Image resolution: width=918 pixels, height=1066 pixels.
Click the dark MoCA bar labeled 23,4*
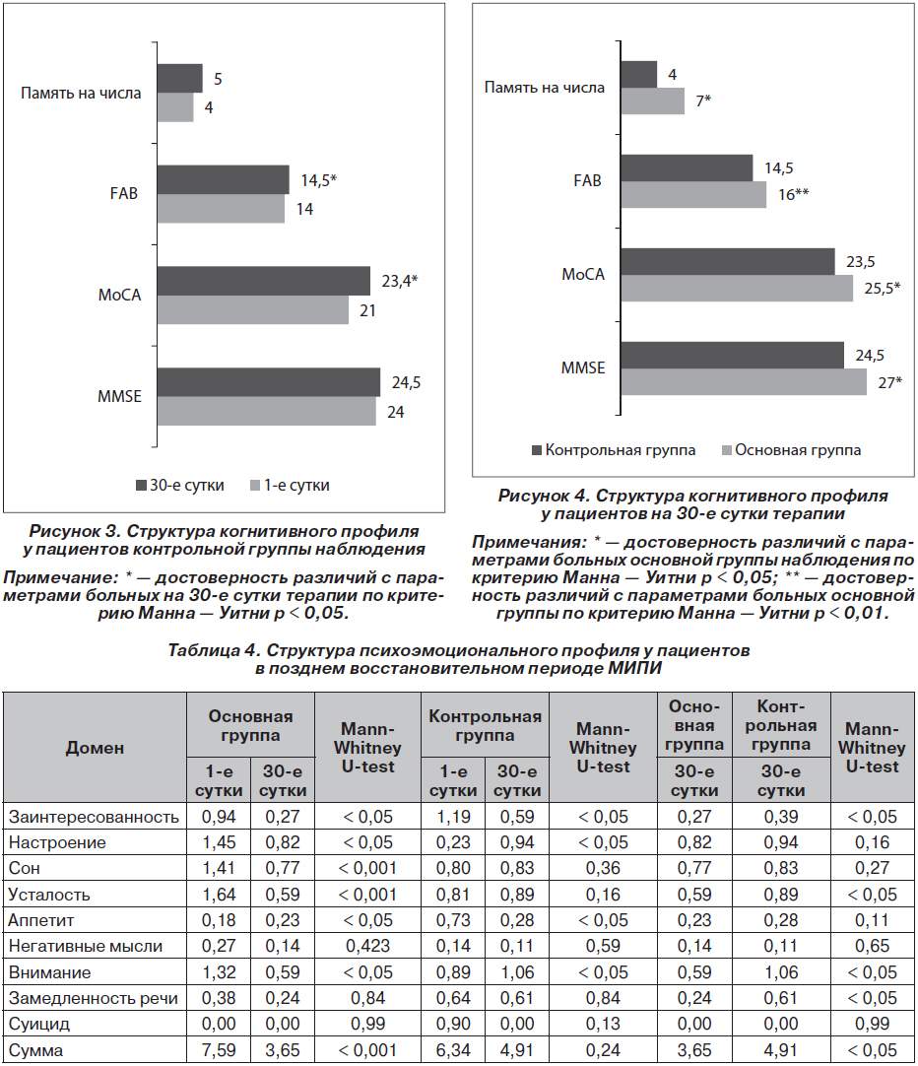[264, 281]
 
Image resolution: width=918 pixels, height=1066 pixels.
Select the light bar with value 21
[253, 310]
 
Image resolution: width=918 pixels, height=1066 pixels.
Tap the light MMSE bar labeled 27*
[744, 381]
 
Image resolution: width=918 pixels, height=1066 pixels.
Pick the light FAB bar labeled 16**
[693, 194]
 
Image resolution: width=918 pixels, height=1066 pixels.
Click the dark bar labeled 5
[180, 78]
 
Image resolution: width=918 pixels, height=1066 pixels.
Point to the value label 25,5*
[882, 289]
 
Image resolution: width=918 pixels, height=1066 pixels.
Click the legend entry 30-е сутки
[180, 486]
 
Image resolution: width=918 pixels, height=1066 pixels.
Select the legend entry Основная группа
[791, 450]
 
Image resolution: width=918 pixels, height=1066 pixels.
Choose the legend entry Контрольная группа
[614, 450]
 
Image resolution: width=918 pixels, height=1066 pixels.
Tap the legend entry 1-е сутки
[291, 486]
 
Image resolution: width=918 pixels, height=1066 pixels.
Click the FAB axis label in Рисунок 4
[588, 181]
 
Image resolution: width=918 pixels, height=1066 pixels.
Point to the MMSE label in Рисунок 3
[119, 396]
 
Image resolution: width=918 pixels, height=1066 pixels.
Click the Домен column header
[95, 748]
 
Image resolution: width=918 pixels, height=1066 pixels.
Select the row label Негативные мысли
[85, 946]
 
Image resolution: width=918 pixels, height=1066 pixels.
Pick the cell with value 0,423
[367, 946]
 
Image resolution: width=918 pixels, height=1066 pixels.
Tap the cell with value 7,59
[219, 1050]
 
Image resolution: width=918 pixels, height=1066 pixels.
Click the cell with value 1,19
[453, 817]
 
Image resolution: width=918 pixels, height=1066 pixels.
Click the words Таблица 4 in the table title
[214, 650]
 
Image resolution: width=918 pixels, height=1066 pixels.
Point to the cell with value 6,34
[453, 1050]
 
